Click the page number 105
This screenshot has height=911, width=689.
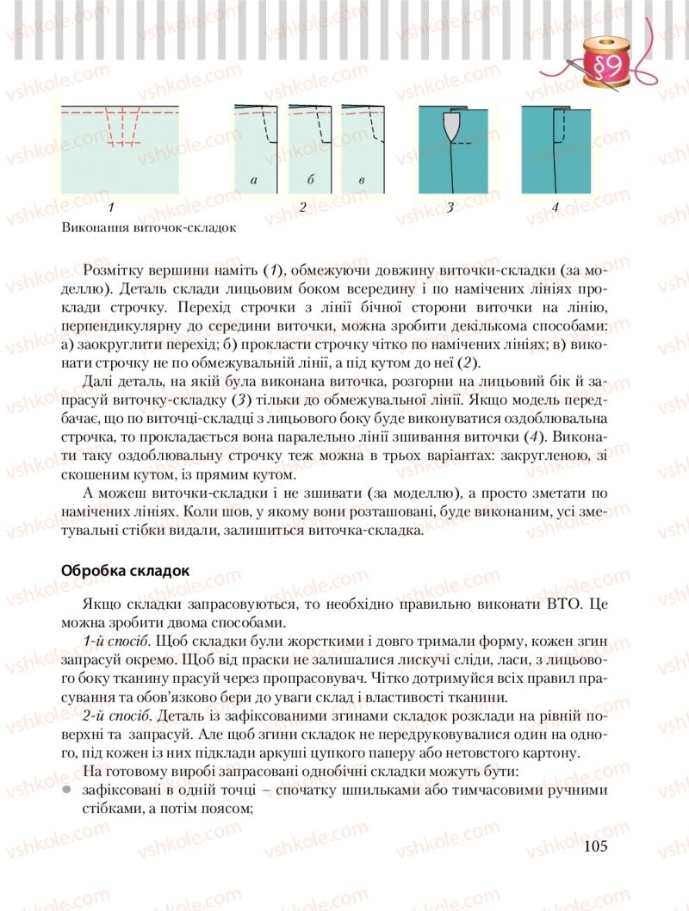tap(594, 846)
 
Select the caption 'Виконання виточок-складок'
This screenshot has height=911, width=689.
tap(148, 228)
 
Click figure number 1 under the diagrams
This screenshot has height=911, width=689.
tap(113, 208)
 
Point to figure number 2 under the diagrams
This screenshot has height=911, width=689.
tap(302, 208)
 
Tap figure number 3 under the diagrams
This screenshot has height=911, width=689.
tap(450, 208)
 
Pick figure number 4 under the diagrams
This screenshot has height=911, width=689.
tap(555, 208)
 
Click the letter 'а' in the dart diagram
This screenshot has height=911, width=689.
tap(253, 180)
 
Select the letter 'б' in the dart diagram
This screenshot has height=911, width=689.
tap(308, 180)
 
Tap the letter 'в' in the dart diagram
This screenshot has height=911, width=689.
tap(362, 180)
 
